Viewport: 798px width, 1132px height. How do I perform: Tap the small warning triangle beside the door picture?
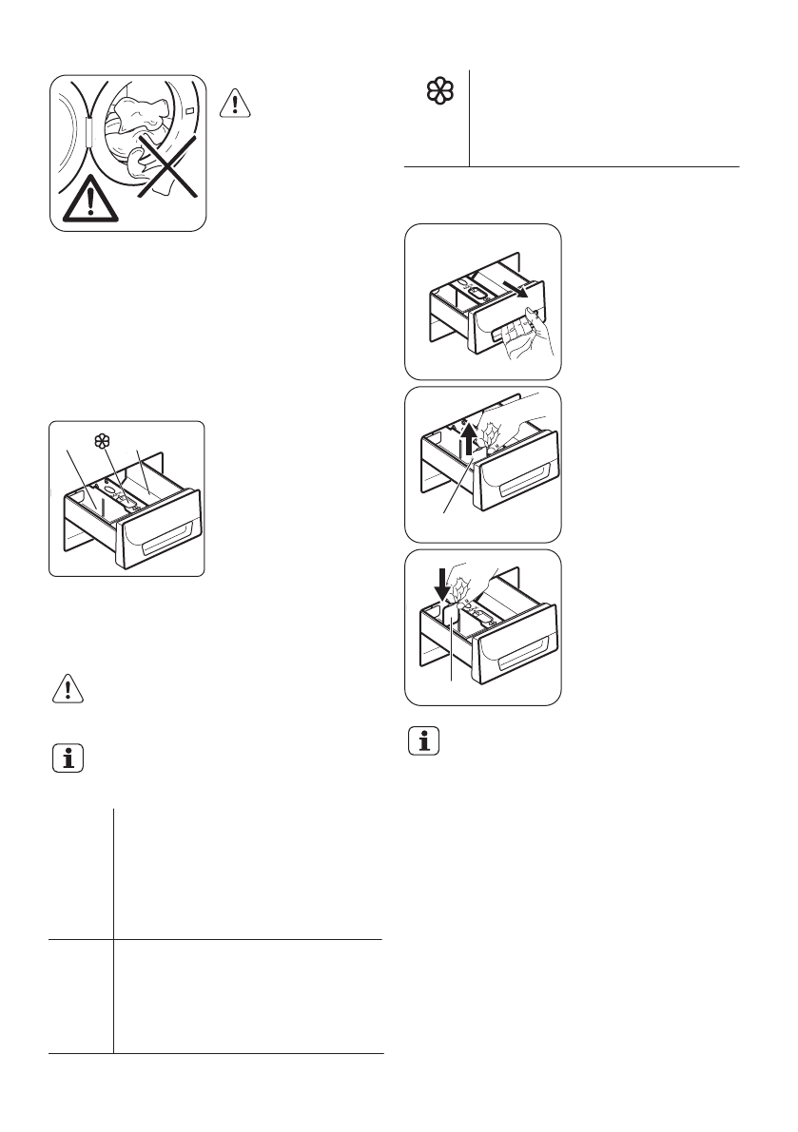pos(235,103)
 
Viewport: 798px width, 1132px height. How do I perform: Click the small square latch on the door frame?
pos(192,110)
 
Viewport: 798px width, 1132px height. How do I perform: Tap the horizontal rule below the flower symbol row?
pos(572,167)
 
